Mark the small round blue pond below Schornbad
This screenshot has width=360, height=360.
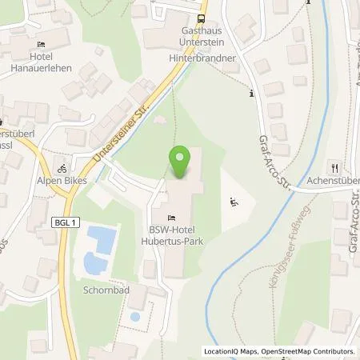(x=134, y=316)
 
